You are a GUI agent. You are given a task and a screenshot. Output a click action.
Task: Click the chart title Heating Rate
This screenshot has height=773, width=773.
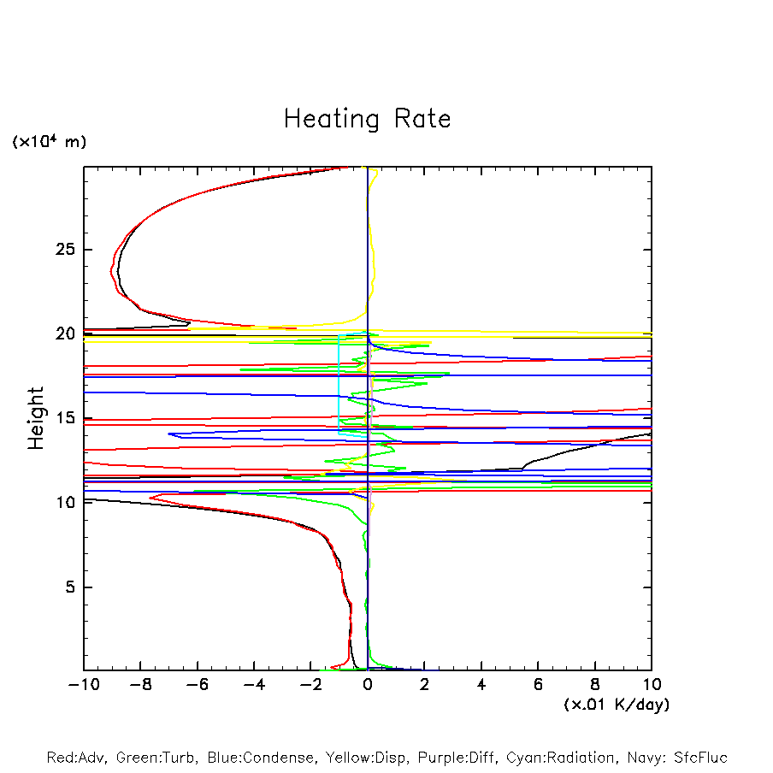[x=368, y=119]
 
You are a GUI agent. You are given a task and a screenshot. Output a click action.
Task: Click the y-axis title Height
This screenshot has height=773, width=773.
[x=35, y=418]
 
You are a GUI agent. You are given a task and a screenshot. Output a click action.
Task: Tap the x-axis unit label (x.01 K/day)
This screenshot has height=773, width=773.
[x=616, y=705]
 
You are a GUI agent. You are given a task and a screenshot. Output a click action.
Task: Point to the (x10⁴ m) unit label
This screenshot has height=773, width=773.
[x=49, y=141]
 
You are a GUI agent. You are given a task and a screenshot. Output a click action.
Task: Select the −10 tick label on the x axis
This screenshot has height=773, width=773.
[x=83, y=684]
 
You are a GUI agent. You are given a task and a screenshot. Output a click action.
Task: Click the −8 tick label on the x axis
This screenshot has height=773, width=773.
[x=139, y=684]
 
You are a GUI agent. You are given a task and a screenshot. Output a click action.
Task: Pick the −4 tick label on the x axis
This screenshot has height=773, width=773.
[x=253, y=684]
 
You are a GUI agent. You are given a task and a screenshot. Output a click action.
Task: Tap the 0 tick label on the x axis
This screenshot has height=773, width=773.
[x=368, y=684]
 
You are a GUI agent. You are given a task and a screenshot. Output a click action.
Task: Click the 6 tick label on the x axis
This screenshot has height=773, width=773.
[x=538, y=684]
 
